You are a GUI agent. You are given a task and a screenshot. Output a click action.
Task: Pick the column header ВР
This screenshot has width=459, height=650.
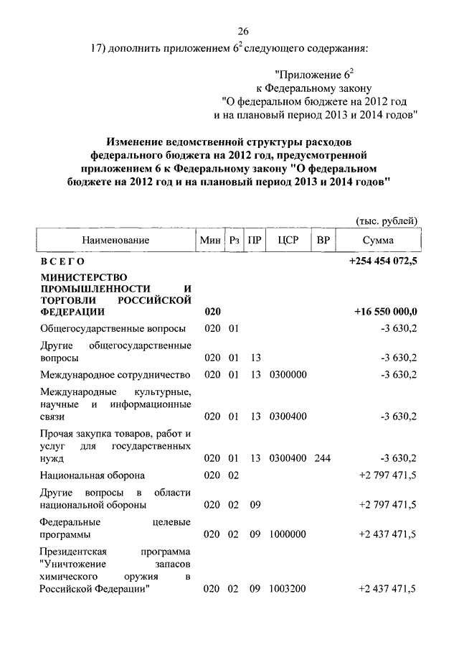point(323,241)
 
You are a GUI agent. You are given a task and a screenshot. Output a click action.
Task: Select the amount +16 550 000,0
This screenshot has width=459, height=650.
point(386,312)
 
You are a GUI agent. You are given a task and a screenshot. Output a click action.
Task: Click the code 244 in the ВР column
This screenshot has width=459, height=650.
point(322,458)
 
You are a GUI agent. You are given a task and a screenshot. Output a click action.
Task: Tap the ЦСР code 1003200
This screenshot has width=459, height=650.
point(288,589)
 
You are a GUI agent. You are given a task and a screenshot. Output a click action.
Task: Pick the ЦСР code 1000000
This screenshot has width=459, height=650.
point(288,534)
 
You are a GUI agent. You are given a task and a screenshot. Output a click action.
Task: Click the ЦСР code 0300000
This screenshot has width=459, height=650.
point(288,374)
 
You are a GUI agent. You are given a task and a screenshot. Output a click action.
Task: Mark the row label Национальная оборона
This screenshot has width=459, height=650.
point(93,475)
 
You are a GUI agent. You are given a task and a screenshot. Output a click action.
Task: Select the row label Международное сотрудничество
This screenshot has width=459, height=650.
point(115,374)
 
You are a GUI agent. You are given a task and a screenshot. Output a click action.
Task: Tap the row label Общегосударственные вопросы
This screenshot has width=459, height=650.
point(113,328)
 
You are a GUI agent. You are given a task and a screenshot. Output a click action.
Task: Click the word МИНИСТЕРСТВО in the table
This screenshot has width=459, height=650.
point(84,277)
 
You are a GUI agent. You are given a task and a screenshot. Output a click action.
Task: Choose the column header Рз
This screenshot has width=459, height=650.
point(234,241)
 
